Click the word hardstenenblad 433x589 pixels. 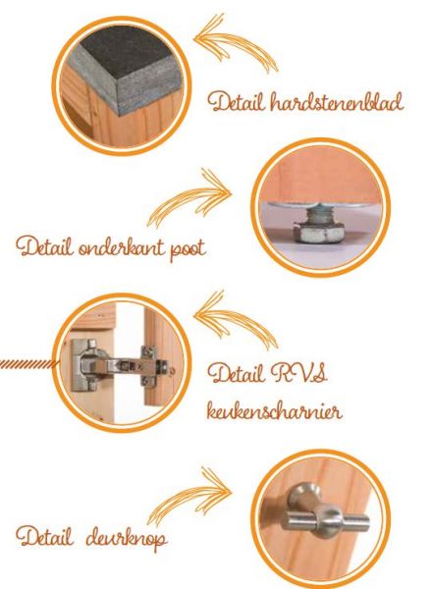coord(337,101)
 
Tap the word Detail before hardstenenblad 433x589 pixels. coord(236,102)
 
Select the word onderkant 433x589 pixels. coord(121,247)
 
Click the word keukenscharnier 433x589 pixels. coord(274,410)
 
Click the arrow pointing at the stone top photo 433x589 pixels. coord(235,41)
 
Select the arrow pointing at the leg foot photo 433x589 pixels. coord(189,196)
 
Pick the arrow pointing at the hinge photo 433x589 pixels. coord(235,319)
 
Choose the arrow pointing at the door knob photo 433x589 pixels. coord(189,495)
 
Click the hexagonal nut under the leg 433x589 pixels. coord(319,232)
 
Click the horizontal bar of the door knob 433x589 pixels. coord(326,520)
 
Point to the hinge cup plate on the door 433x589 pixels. coord(84,365)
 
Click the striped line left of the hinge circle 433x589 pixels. coord(29,363)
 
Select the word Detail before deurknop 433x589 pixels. coord(44,537)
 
